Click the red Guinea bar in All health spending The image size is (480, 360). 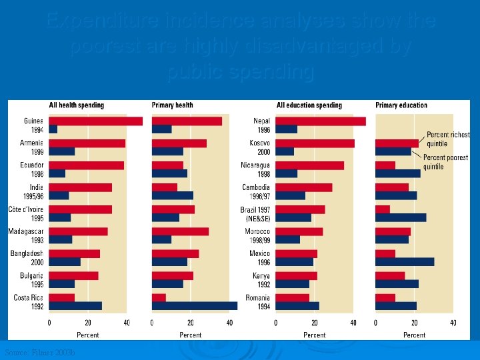click(95, 121)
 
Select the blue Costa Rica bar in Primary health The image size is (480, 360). click(195, 306)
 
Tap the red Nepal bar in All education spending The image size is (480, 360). click(321, 121)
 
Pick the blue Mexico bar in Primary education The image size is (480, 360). click(405, 262)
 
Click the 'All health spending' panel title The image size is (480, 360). click(77, 105)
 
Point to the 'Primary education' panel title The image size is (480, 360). click(401, 105)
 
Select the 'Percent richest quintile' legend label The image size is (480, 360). click(448, 139)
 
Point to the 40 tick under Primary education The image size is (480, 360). click(453, 323)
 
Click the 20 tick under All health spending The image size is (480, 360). click(88, 323)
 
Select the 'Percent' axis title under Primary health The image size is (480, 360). click(191, 335)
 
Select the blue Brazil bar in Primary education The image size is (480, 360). click(401, 217)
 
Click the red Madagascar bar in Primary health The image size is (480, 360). click(181, 231)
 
